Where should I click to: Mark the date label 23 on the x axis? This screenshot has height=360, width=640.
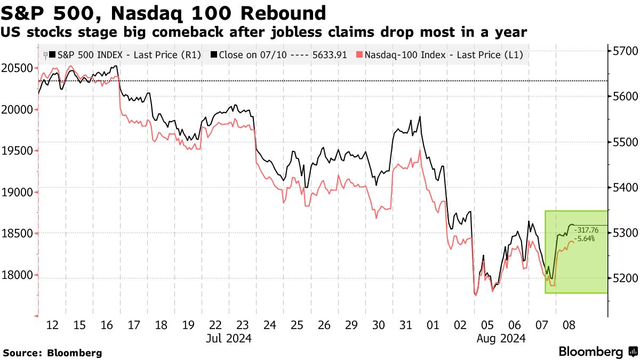click(243, 325)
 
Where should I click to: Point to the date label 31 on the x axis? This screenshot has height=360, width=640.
click(406, 325)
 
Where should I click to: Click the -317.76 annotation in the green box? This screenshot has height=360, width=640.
click(587, 230)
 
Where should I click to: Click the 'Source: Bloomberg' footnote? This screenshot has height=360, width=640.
click(52, 353)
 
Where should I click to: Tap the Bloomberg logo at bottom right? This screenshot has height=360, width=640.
click(598, 351)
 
